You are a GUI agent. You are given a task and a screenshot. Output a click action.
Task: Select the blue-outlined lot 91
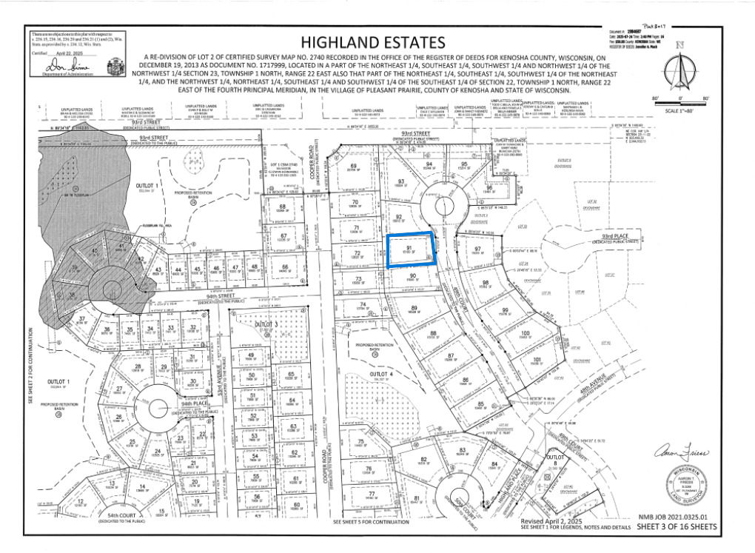pos(410,250)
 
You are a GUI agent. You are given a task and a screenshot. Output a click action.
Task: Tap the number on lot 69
pos(353,166)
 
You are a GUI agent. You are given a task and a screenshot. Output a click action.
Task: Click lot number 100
pos(525,334)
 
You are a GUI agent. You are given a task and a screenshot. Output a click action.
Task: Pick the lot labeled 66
pos(284,268)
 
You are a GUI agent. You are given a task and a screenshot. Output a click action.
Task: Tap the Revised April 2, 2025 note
pos(548,520)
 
